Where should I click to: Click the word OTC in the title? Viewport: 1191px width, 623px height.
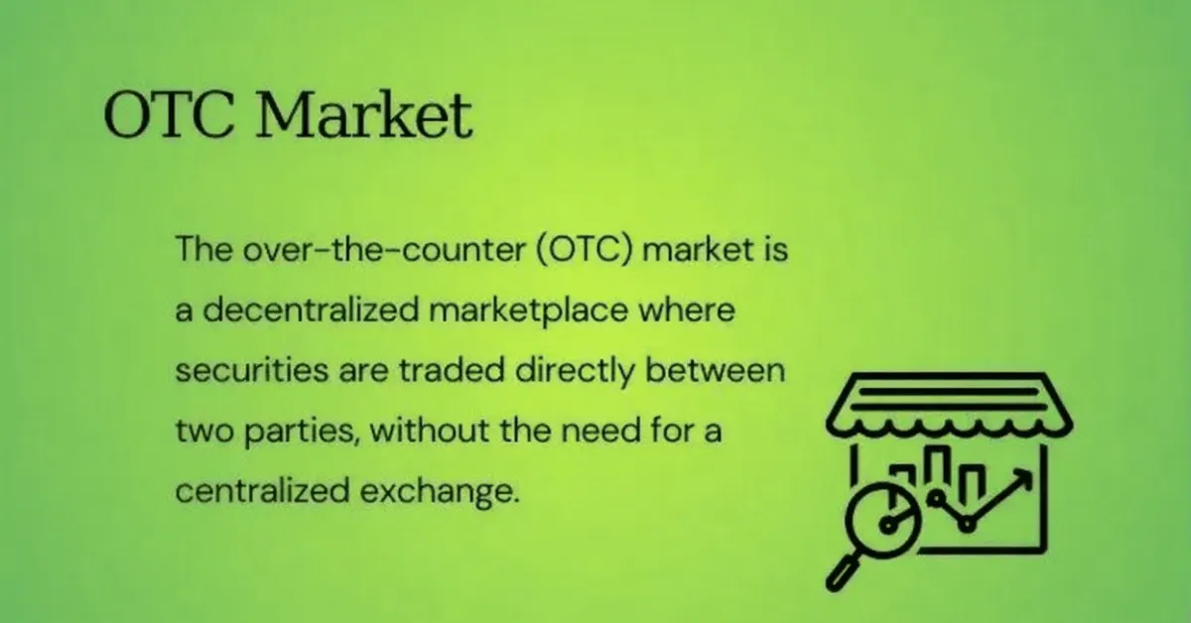click(169, 115)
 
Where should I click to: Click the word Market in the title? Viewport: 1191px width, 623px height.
click(365, 115)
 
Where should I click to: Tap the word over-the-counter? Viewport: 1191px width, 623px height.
click(384, 249)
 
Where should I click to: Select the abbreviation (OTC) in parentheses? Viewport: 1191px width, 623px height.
click(585, 249)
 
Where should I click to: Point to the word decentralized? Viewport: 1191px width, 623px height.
click(311, 310)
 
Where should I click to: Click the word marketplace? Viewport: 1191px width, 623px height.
click(528, 311)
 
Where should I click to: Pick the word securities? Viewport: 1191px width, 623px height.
click(252, 370)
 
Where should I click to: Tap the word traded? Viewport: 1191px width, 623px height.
click(452, 370)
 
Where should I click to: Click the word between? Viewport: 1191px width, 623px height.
click(716, 370)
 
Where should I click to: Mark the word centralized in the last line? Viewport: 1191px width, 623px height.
click(262, 491)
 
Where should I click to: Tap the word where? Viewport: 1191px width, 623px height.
click(687, 310)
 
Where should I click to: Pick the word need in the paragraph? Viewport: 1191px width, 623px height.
click(601, 430)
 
